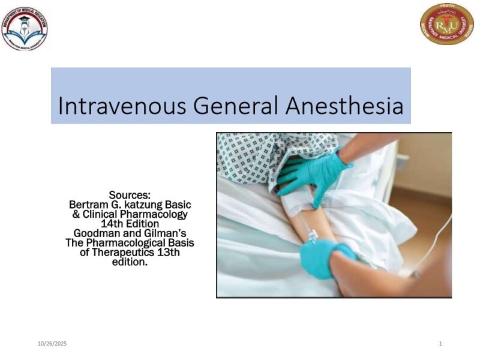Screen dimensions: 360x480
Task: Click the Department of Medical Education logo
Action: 25,29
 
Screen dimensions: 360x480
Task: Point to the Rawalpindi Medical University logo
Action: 446,24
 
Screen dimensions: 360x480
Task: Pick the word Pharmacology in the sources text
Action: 158,214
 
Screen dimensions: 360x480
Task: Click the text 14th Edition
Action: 130,223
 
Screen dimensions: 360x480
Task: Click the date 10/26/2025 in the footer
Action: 52,343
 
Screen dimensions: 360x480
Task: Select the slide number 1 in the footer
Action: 440,343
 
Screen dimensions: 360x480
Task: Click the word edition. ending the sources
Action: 130,262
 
